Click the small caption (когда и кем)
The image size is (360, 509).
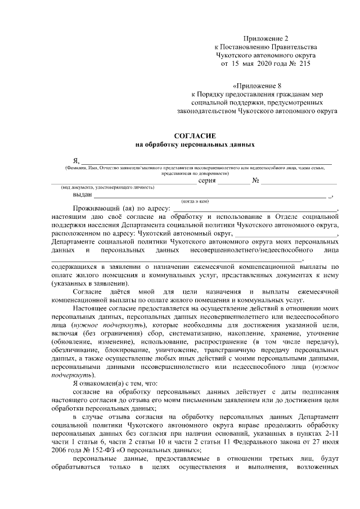(195, 201)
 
